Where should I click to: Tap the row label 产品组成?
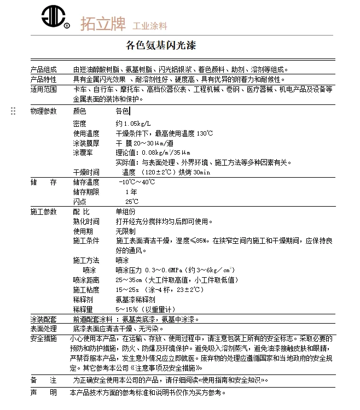[43, 70]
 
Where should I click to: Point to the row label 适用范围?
[43, 89]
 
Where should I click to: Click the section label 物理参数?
[43, 111]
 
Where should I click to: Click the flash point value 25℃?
[132, 201]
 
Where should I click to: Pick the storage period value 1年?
[131, 192]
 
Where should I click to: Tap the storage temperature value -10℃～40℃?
[136, 182]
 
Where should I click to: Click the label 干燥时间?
[86, 172]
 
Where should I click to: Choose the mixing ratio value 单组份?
[125, 212]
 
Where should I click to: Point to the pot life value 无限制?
[125, 231]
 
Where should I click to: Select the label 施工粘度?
[86, 290]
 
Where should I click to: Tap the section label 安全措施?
[43, 338]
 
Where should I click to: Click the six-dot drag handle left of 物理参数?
[13, 112]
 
